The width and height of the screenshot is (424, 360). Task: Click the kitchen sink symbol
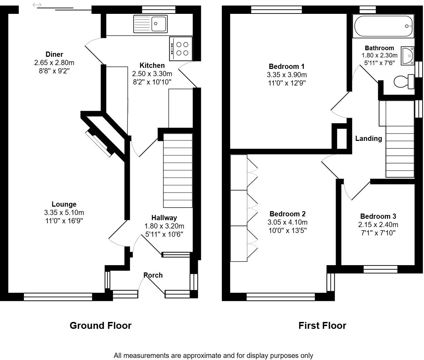point(150,24)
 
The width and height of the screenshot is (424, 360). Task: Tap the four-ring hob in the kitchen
point(180,48)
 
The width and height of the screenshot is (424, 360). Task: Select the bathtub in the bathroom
point(383,26)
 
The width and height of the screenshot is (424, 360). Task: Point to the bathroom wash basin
point(408,56)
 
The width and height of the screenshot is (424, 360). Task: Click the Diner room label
point(54,54)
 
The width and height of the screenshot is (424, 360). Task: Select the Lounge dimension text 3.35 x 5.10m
point(64,213)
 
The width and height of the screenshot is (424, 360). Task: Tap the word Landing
point(369,138)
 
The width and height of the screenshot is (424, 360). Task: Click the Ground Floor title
point(100,326)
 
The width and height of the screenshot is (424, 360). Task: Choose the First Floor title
point(322,326)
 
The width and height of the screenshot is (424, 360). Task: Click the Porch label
point(153,275)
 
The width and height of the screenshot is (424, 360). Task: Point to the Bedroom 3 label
point(378,216)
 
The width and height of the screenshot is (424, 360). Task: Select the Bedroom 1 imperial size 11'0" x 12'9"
point(286,83)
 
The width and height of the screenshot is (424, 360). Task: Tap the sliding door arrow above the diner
point(37,5)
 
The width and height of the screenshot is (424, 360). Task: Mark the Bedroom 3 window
point(380,269)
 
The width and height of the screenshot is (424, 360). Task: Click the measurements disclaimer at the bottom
point(213,355)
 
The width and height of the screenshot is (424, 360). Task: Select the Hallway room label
point(164,218)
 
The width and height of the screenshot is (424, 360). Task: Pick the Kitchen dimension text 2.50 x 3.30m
point(152,74)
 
